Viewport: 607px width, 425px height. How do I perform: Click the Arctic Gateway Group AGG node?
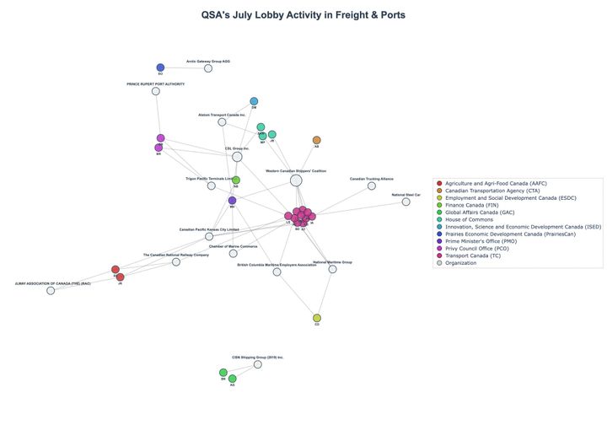pos(208,68)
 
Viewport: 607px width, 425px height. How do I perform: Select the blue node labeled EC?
pos(160,67)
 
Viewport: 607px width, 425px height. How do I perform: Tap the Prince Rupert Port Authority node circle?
pos(156,91)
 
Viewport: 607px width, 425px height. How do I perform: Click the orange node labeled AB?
pos(317,140)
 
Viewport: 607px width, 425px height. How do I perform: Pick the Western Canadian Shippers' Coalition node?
pos(296,180)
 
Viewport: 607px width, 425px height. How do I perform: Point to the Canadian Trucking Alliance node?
pos(372,186)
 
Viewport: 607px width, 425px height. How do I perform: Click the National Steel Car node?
pos(406,202)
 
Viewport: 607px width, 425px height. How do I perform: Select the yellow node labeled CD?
pos(317,318)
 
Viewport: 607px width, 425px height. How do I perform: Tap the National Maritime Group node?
pos(332,269)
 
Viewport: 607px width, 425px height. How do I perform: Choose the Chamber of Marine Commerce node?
pos(234,253)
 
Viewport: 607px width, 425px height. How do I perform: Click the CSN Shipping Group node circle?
pos(258,364)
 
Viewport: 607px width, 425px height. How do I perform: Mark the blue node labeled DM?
pos(254,101)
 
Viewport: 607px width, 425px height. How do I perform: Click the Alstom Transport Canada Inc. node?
pos(222,121)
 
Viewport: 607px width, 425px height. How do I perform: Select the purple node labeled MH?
pos(232,201)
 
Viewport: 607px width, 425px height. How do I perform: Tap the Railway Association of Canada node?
pos(51,290)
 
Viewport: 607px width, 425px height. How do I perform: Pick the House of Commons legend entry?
pos(470,219)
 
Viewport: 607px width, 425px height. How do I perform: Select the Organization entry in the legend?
pos(460,262)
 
